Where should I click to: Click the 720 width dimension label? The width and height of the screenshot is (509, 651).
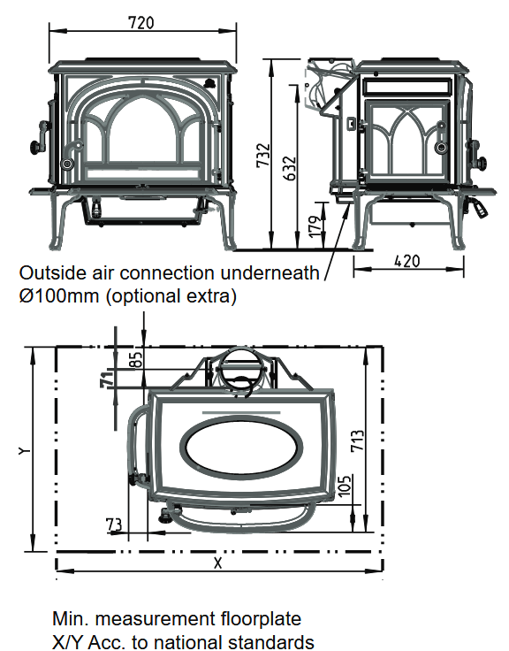pyautogui.click(x=141, y=22)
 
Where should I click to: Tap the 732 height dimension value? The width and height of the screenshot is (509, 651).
pyautogui.click(x=263, y=156)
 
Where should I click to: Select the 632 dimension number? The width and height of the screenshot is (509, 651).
pyautogui.click(x=291, y=168)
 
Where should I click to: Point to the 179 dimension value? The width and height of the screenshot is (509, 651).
pyautogui.click(x=315, y=226)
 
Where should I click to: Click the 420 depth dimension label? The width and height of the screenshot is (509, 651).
pyautogui.click(x=407, y=261)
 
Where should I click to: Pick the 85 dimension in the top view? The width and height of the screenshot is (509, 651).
pyautogui.click(x=138, y=358)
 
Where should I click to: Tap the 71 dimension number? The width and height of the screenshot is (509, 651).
pyautogui.click(x=107, y=378)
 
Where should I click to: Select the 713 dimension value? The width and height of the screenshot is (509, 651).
pyautogui.click(x=357, y=440)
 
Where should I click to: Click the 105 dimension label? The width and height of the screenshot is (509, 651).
pyautogui.click(x=345, y=485)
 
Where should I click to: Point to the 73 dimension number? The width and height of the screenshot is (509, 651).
pyautogui.click(x=114, y=525)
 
